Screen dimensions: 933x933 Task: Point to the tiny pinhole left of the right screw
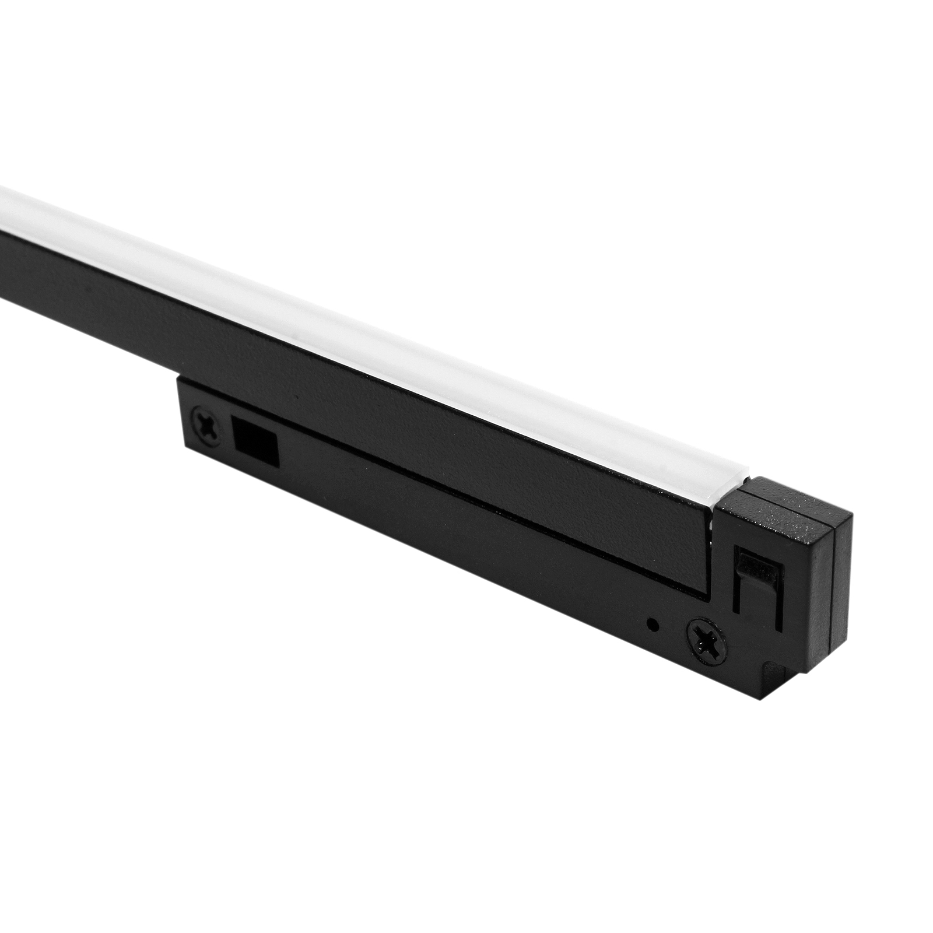point(654,626)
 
